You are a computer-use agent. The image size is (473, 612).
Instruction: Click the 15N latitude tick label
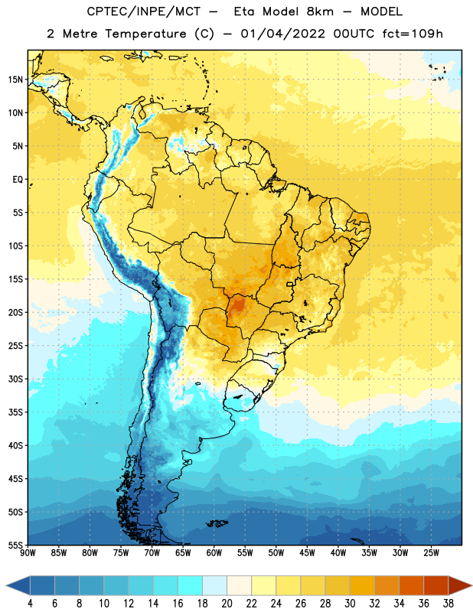click(15, 80)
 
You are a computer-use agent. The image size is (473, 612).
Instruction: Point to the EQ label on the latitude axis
click(18, 180)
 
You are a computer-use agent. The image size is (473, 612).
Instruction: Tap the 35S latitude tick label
click(15, 412)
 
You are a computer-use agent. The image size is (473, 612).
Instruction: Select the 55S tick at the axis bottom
click(15, 545)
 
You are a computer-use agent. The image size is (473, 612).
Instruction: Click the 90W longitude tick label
click(28, 553)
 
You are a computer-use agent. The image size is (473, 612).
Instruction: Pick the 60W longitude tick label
click(214, 553)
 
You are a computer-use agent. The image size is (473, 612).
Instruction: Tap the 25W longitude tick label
click(431, 553)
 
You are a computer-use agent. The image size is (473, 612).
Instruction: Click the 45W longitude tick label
click(307, 553)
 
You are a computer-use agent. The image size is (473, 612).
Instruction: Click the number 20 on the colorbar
click(227, 604)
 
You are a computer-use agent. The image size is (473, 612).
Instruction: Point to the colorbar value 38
click(449, 604)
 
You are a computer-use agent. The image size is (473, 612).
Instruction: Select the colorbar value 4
click(30, 604)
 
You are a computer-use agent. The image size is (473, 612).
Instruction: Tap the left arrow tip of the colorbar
click(6, 585)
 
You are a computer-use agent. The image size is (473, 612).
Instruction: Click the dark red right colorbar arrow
click(459, 585)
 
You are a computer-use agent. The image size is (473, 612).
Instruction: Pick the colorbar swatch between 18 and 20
click(214, 585)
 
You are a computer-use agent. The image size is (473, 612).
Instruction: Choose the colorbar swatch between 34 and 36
click(411, 585)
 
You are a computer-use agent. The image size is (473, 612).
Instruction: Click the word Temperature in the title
click(145, 34)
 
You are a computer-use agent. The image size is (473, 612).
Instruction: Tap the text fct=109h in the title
click(413, 34)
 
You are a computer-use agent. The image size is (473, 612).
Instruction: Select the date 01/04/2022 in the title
click(282, 34)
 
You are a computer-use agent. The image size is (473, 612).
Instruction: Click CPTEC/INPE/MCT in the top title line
click(143, 11)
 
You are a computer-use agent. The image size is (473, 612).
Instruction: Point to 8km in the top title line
click(320, 11)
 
